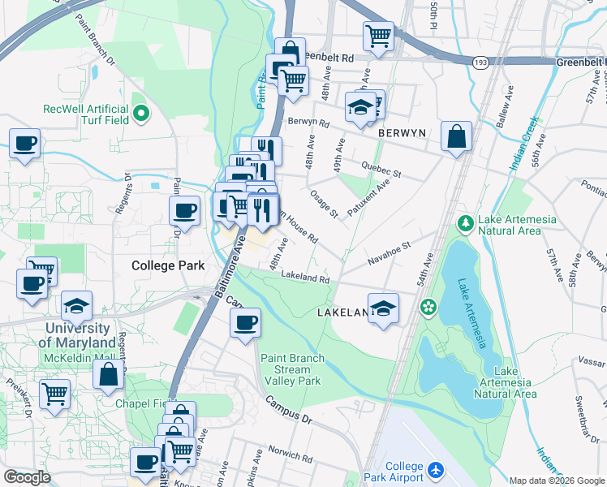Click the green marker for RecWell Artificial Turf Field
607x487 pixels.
tap(141, 114)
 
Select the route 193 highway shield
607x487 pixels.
tap(480, 62)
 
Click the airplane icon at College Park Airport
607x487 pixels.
tap(437, 470)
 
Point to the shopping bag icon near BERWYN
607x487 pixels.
tap(457, 136)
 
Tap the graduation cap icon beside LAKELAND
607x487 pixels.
tap(383, 308)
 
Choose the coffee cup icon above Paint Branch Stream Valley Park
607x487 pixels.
tap(245, 323)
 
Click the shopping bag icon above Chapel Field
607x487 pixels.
tap(109, 375)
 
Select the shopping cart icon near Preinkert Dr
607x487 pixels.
tap(54, 394)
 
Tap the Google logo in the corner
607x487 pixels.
tap(27, 477)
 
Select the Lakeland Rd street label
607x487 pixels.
tap(305, 278)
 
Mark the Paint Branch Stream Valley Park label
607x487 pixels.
tap(292, 369)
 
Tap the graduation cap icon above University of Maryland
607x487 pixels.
tap(77, 306)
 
